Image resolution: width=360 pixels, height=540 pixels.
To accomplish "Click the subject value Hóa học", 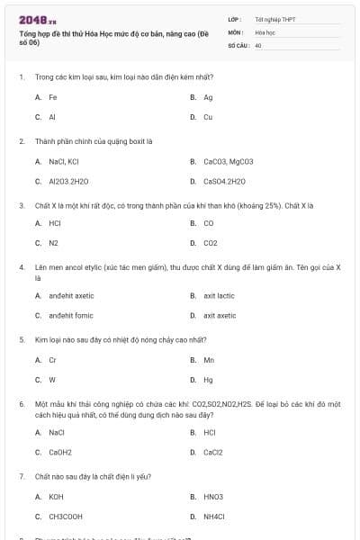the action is coord(265,31).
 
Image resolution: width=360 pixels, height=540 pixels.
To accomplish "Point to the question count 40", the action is coord(258,45).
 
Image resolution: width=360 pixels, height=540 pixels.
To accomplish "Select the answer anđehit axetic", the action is coord(71,296).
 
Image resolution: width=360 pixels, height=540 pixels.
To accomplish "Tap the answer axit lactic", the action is coord(219,296).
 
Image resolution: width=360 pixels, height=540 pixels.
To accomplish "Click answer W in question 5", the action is coord(52,380).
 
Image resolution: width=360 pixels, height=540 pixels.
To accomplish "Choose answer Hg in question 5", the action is coord(208,380).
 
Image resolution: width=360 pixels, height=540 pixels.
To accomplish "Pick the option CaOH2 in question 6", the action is coord(60,453).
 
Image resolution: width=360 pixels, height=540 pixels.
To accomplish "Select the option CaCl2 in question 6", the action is coord(212,453).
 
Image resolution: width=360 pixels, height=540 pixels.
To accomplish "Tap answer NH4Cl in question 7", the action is coord(215,517).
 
